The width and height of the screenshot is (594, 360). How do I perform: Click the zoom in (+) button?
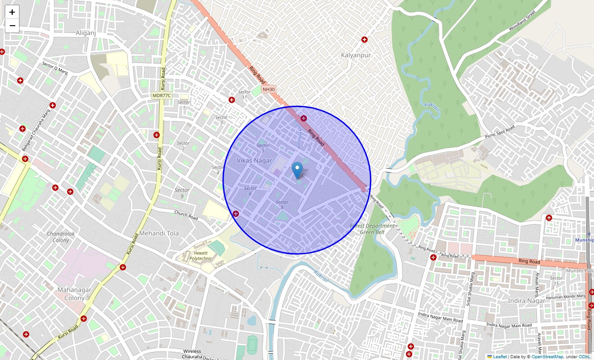tap(12, 12)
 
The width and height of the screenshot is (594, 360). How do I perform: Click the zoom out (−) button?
tap(12, 26)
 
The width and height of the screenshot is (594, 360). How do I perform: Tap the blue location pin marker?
tap(297, 171)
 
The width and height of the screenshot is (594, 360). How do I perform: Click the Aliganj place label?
tap(86, 33)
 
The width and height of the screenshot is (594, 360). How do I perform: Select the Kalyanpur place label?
tap(355, 55)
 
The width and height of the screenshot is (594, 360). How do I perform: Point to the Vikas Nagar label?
tap(254, 161)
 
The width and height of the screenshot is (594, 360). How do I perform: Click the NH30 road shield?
tap(269, 89)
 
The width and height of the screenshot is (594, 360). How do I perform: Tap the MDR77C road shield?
tap(162, 95)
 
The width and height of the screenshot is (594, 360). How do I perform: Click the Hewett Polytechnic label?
tap(201, 256)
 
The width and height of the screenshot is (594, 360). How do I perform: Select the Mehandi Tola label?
tap(159, 234)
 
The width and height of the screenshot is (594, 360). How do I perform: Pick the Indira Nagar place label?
tap(526, 301)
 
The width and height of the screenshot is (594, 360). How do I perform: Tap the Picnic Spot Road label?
tap(499, 132)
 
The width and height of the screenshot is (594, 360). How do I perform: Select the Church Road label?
tap(186, 215)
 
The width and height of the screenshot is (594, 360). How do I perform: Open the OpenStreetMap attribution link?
tap(547, 357)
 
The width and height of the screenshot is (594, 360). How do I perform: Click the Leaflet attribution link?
tap(499, 357)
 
